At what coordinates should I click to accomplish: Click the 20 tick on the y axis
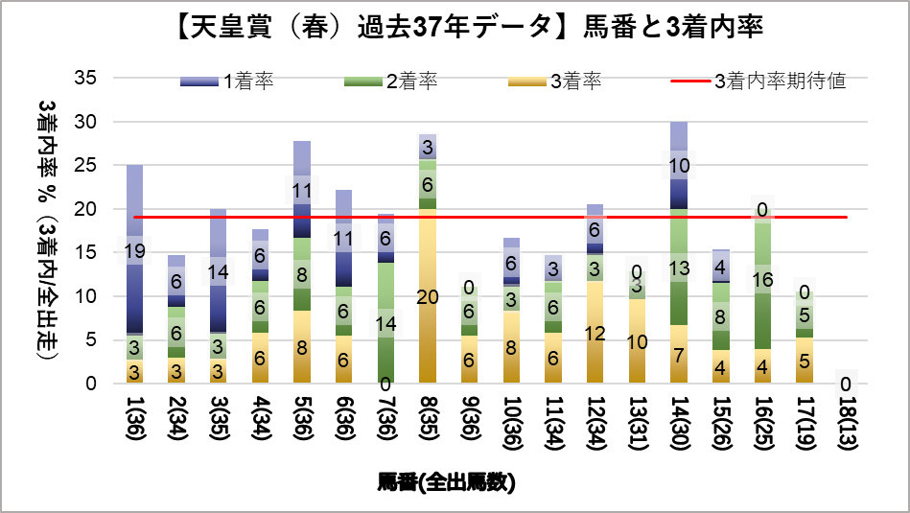(84, 209)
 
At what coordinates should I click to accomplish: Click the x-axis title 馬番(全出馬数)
(447, 482)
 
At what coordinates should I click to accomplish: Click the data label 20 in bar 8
(428, 296)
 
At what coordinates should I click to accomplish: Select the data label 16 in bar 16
(762, 280)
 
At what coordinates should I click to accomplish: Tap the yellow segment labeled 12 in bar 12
(595, 333)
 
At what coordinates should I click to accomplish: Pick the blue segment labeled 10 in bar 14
(679, 166)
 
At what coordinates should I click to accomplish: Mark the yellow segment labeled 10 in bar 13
(636, 341)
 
